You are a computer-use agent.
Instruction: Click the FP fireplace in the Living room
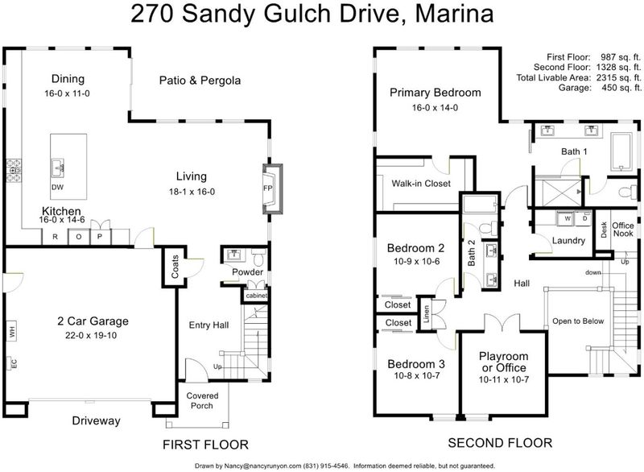click(272, 188)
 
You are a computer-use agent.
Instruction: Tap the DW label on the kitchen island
click(57, 188)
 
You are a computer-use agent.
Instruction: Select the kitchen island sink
click(57, 168)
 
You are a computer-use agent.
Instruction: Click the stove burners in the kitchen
click(14, 171)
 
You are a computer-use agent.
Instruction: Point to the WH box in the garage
click(12, 330)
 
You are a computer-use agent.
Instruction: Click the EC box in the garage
click(11, 363)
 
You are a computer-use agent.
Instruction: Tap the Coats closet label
click(175, 266)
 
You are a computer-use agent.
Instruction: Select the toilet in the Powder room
click(258, 257)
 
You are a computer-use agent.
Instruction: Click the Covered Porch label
click(202, 400)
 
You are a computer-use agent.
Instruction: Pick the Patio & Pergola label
click(200, 80)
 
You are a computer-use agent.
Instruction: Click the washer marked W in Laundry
click(567, 218)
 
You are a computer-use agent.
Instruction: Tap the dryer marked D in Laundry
click(584, 218)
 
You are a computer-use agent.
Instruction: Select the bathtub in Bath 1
click(621, 152)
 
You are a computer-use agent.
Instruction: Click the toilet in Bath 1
click(627, 192)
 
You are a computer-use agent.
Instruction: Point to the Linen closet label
click(426, 313)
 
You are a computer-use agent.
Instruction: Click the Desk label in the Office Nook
click(603, 230)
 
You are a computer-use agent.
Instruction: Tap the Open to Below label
click(578, 321)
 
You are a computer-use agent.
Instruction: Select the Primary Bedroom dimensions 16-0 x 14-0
click(435, 108)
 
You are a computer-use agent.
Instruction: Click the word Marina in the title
click(454, 13)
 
